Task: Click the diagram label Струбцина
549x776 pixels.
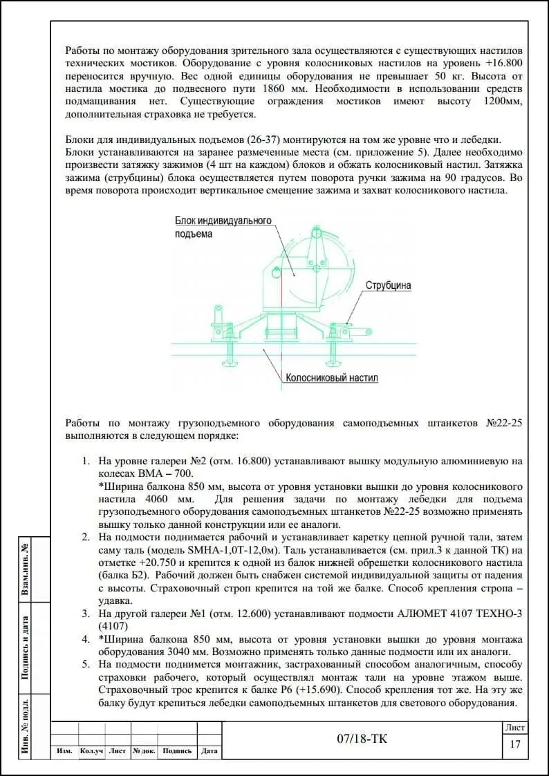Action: coord(388,285)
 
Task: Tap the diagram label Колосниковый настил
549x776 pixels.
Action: coord(331,379)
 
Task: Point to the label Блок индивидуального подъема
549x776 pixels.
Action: coord(223,227)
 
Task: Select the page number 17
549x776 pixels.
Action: coord(514,744)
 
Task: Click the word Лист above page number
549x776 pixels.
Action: coord(515,728)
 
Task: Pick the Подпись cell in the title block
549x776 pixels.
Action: coord(177,751)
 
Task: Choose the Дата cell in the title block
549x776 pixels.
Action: coord(209,751)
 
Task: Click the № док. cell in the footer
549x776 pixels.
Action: coord(144,751)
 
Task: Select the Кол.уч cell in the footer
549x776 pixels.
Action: coord(91,751)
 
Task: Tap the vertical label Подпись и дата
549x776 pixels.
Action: coord(25,647)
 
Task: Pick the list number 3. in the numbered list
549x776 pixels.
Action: coord(86,613)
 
